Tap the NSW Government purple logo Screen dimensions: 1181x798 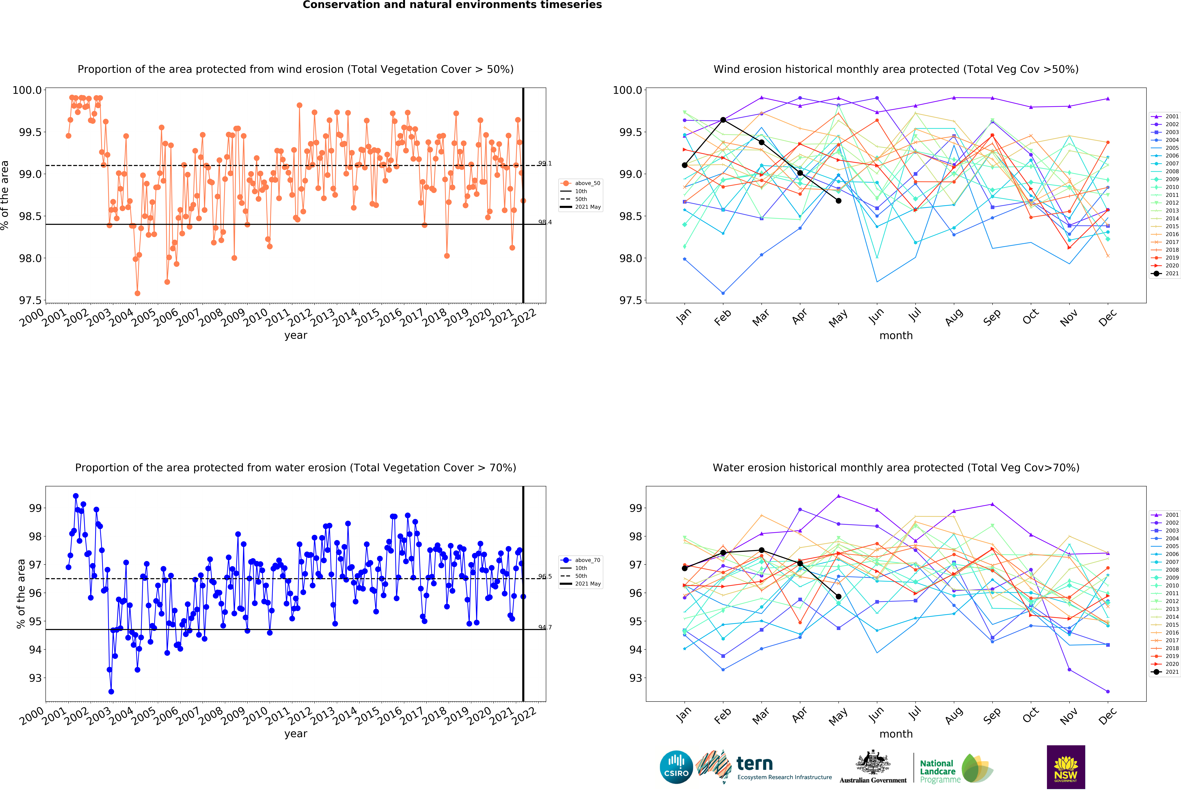point(1066,767)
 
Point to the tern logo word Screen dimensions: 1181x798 point(755,763)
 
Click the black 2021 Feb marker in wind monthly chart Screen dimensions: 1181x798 point(723,120)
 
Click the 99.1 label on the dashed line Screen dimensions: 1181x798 point(545,164)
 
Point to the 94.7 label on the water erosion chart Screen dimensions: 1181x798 point(545,627)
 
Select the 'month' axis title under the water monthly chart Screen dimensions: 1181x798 point(896,734)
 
